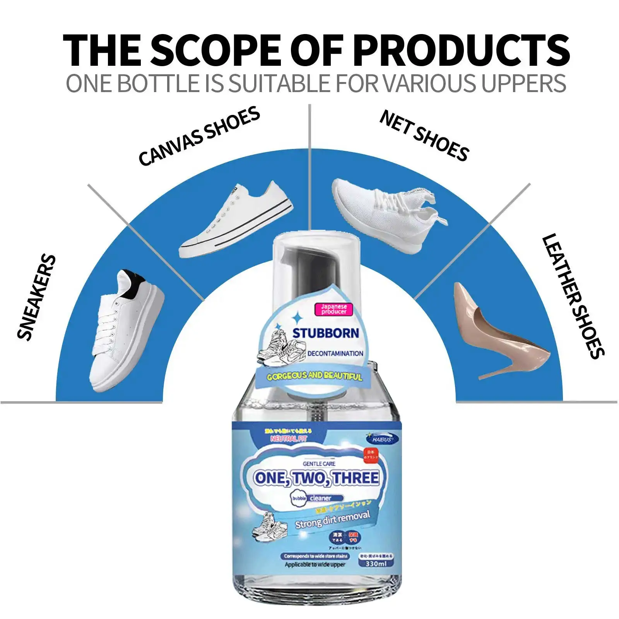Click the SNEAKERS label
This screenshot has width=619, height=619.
coord(37,298)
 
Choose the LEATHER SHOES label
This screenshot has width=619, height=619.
coord(573,296)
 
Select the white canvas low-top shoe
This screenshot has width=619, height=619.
coord(236,221)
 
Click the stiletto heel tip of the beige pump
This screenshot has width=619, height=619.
coord(481,376)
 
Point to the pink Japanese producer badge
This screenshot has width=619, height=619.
coord(334,309)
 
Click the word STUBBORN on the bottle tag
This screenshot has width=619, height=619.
coord(325,333)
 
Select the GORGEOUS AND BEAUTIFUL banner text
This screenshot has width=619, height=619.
coord(314,376)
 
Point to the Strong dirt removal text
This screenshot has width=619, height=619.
coord(332,519)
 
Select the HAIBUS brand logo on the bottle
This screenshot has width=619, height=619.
coord(382,439)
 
